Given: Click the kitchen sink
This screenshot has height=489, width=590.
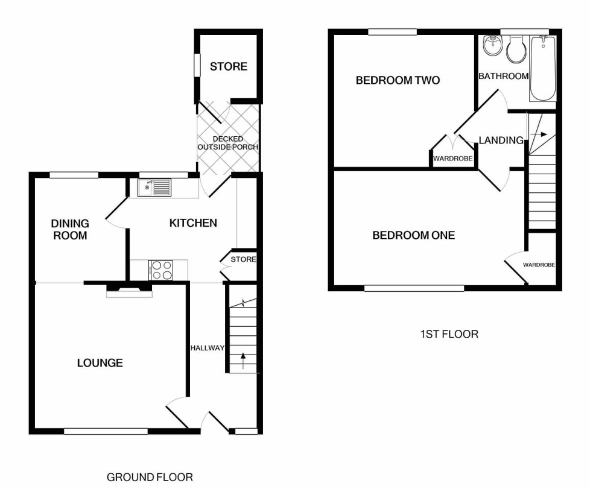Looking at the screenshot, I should pos(154,188).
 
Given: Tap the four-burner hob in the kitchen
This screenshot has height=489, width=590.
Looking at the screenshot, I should pos(160,270).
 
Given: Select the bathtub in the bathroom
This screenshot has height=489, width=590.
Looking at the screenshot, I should pos(542,68).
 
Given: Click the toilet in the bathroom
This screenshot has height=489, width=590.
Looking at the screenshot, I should pos(515,50).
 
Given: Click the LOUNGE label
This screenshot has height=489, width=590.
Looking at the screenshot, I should pos(100,363).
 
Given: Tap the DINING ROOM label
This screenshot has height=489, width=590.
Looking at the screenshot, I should pos(70,230).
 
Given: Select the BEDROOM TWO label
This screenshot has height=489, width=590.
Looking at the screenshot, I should pos(398,80).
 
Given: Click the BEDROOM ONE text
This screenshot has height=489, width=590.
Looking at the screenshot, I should pos(413,235).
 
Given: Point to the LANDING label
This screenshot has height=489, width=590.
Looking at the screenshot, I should pos(501,140).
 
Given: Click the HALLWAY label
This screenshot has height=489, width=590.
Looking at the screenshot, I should pos(207,348).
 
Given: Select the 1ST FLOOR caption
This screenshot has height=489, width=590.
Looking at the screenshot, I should pos(449,333).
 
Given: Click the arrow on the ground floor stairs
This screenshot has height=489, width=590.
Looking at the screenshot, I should pos(243,361).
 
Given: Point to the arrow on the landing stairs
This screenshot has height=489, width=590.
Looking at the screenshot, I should pos(541,134).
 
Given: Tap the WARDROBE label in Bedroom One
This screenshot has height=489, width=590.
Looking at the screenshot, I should pos(539,265).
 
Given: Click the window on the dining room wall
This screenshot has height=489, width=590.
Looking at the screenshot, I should pos(74,175).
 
